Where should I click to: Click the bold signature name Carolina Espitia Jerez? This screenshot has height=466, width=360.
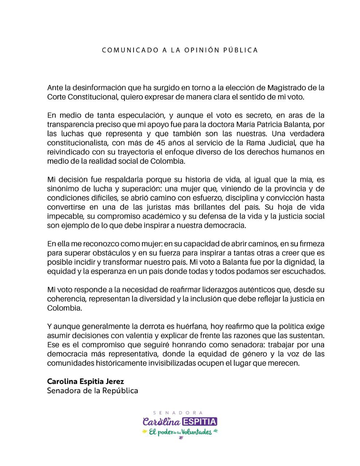coord(86,382)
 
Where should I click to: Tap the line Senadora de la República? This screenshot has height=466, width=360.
coord(92,391)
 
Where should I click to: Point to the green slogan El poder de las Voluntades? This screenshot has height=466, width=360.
coord(180,432)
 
